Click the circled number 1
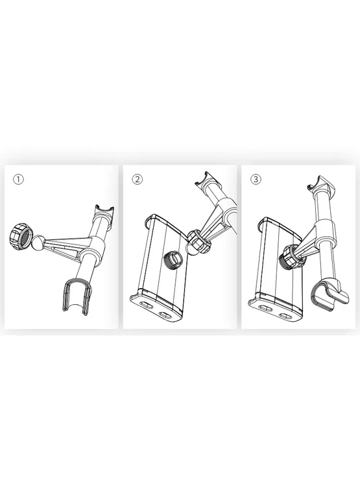19,180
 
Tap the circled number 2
138,180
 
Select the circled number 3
256,180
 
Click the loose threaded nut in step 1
20,237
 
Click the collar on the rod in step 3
325,231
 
